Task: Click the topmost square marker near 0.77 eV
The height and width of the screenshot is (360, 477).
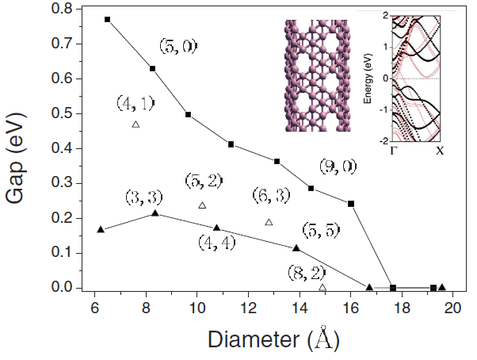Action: coord(107,19)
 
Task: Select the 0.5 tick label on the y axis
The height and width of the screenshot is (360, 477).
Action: coord(62,113)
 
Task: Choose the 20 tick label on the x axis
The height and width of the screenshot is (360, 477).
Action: coord(453,308)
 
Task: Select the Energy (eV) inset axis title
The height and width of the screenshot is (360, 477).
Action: coord(368,79)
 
